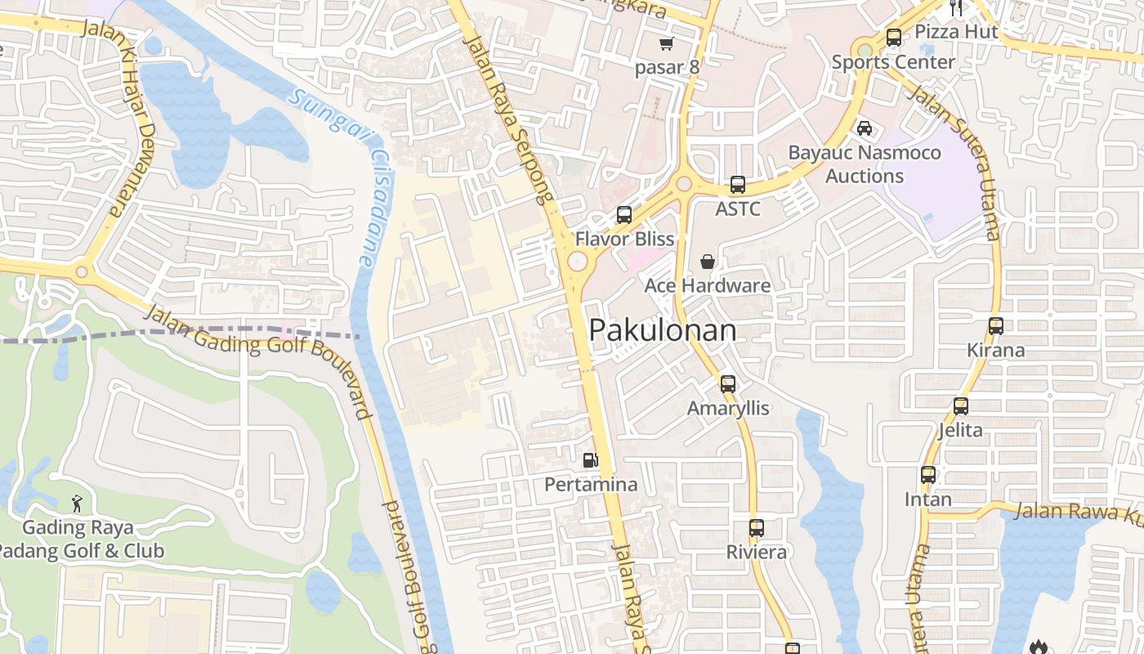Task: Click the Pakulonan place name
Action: tap(662, 330)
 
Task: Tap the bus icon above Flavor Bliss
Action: tap(624, 215)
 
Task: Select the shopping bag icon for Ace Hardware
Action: tap(708, 262)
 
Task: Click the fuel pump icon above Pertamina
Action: tap(590, 460)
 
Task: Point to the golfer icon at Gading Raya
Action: tap(77, 504)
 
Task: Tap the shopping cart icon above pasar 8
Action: tap(667, 43)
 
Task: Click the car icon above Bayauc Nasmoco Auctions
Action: tap(864, 128)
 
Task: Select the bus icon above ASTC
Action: tap(738, 185)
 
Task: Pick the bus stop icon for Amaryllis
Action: tap(728, 383)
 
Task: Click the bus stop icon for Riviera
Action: tap(757, 528)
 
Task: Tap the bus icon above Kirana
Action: tap(995, 326)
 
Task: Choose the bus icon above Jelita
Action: tap(961, 405)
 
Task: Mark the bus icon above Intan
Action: tap(928, 475)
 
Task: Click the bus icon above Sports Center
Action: tap(893, 38)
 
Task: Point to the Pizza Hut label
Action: tap(956, 31)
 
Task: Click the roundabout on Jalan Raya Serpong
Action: tap(578, 262)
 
